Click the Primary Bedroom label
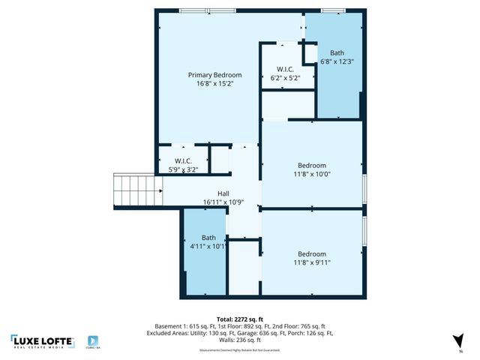point(214,75)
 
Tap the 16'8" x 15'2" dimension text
point(214,84)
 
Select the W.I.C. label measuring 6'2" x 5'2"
point(285,69)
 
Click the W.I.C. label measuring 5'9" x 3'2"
point(184,160)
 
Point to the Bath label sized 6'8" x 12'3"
point(337,53)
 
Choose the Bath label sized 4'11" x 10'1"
point(208,238)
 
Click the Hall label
point(223,193)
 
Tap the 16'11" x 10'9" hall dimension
point(223,202)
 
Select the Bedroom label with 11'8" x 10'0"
point(312,165)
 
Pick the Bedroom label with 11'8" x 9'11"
point(312,253)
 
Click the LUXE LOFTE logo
point(43,341)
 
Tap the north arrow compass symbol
point(460,340)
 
